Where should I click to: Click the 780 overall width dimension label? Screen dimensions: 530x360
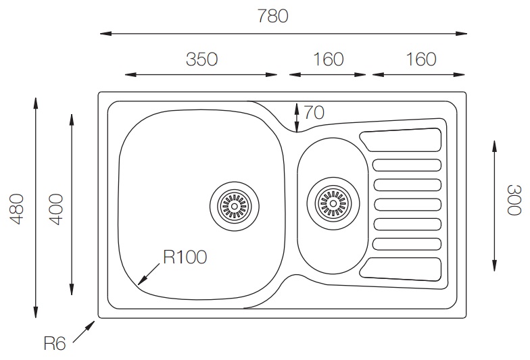pos(273,16)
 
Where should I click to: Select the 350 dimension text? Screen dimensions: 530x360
pos(201,59)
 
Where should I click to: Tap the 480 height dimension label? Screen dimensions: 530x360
pos(16,209)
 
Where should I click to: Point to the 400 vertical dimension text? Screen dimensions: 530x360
pos(56,209)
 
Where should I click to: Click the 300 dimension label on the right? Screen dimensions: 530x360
pos(514,200)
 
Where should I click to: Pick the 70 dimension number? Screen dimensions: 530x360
pos(314,112)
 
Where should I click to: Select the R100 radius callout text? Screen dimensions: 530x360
pos(185,257)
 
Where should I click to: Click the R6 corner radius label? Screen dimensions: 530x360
pos(55,343)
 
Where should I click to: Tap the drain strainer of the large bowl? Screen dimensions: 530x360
pos(234,206)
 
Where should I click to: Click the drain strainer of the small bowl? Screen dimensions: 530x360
pos(333,203)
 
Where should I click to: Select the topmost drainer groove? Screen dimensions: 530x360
pos(401,140)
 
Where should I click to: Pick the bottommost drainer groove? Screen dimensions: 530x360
pos(401,269)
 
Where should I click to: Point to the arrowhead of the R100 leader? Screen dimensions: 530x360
pos(143,280)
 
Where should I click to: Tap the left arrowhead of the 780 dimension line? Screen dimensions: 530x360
pos(105,34)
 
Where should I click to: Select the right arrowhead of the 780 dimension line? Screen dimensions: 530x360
pos(461,34)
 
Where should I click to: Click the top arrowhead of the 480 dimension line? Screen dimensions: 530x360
pos(36,103)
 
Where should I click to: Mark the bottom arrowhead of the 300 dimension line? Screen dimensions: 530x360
pos(495,265)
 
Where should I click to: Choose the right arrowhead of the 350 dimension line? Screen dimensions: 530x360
pos(272,74)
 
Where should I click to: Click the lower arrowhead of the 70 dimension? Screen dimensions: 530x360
pos(297,127)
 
